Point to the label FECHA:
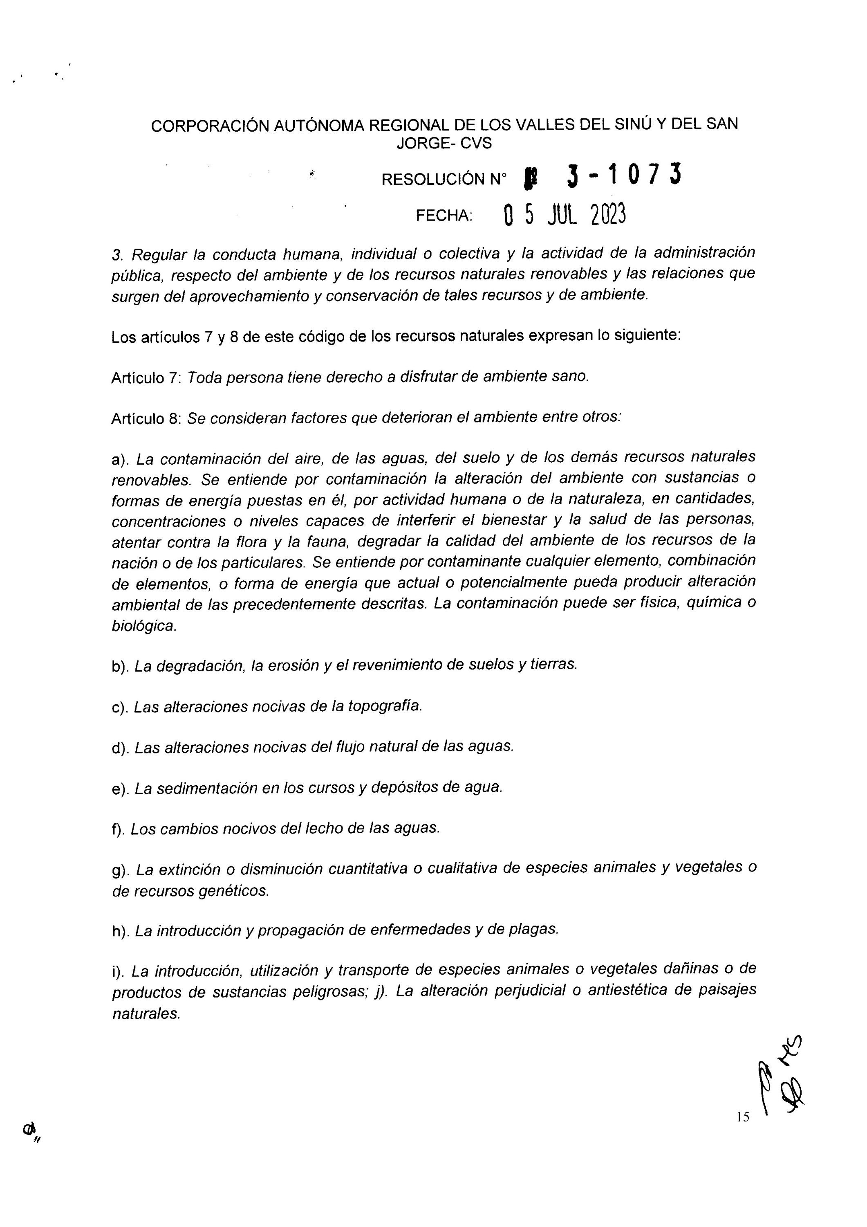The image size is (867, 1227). click(x=444, y=216)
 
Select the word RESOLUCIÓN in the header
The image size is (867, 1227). click(x=433, y=180)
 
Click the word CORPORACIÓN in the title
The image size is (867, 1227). click(x=211, y=126)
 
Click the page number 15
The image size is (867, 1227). click(x=743, y=1117)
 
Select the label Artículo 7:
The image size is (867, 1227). click(x=146, y=378)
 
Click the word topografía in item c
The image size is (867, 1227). click(x=385, y=706)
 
